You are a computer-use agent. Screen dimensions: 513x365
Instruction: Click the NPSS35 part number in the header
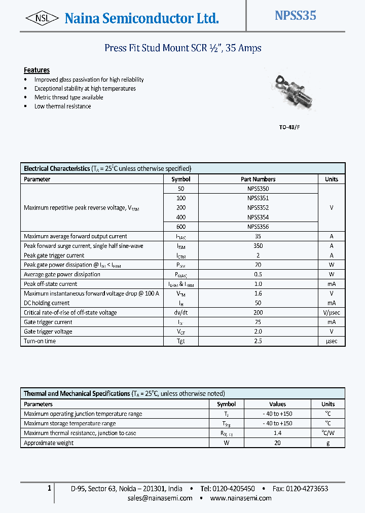(295, 16)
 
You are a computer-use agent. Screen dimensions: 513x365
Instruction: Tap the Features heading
(36, 70)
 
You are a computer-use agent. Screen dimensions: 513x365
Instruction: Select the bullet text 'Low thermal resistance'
(62, 106)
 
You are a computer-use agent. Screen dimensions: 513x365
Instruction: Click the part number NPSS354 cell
(258, 217)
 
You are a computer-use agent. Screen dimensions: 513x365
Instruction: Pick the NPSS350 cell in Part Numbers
(258, 189)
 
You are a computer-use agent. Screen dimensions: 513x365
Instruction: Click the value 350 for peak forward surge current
(258, 246)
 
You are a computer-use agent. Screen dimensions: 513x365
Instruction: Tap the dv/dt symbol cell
(180, 313)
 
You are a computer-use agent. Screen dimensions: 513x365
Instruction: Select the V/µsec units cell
(332, 313)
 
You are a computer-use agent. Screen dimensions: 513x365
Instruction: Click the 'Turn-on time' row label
(40, 341)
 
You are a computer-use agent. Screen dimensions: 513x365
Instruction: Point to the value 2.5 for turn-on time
(258, 341)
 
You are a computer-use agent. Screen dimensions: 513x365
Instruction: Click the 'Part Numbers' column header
(258, 179)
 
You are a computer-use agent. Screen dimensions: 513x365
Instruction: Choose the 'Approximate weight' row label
(49, 443)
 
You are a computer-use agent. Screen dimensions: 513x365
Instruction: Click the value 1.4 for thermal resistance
(277, 433)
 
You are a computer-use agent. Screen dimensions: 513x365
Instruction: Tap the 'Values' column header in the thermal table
(277, 404)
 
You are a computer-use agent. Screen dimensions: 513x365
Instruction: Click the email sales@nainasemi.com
(160, 498)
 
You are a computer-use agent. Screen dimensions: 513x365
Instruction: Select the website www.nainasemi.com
(241, 498)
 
